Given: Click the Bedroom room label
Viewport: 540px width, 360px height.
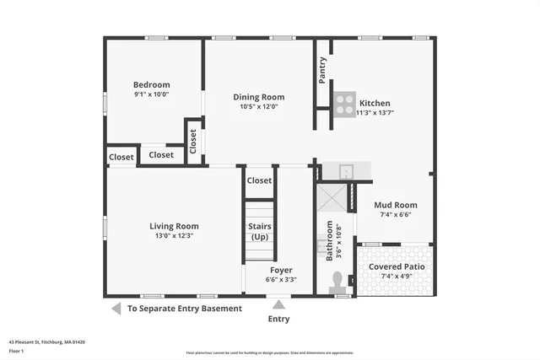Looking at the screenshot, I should click(152, 84).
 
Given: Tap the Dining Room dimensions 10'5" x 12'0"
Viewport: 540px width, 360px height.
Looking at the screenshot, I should click(259, 107).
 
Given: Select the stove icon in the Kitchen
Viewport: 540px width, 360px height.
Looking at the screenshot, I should click(343, 104).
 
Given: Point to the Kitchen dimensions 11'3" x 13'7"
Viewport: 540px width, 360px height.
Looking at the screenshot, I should click(375, 112).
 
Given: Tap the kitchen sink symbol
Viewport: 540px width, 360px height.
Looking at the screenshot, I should click(346, 171).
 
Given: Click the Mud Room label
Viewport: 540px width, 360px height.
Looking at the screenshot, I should click(395, 205).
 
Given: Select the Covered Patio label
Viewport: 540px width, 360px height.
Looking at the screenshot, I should click(395, 266).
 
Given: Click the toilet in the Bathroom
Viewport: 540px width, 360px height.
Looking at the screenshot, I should click(339, 282).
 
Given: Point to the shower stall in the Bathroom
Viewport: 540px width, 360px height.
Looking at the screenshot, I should click(331, 197).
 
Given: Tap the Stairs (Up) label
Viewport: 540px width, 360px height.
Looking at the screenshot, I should click(259, 231).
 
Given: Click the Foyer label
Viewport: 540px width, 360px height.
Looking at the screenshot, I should click(281, 270).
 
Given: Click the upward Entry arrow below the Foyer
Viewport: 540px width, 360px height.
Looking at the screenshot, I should click(278, 304).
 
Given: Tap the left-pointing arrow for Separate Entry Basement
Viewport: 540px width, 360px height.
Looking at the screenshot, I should click(116, 309).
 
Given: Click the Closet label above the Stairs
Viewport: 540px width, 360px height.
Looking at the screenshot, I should click(259, 180).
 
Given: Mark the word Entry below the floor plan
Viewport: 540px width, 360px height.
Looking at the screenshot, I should click(278, 320).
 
